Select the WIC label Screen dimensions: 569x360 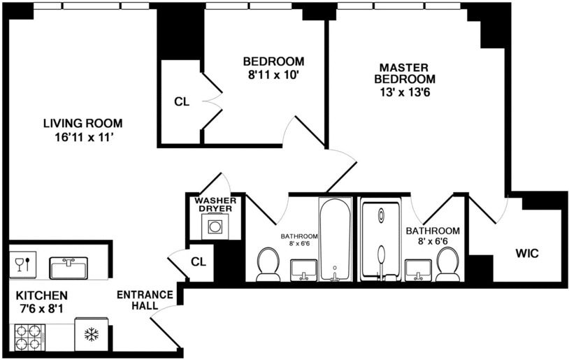pyautogui.click(x=528, y=251)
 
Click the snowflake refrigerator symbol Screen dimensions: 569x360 pyautogui.click(x=91, y=335)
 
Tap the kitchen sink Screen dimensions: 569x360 pyautogui.click(x=68, y=267)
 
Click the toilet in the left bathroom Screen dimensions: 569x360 pyautogui.click(x=267, y=264)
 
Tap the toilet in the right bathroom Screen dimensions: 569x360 pyautogui.click(x=447, y=264)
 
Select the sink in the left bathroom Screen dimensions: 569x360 pyautogui.click(x=303, y=269)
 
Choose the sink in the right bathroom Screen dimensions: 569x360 pyautogui.click(x=417, y=268)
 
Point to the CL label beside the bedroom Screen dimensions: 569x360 pyautogui.click(x=182, y=102)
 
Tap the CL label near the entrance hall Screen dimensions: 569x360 pyautogui.click(x=199, y=261)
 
